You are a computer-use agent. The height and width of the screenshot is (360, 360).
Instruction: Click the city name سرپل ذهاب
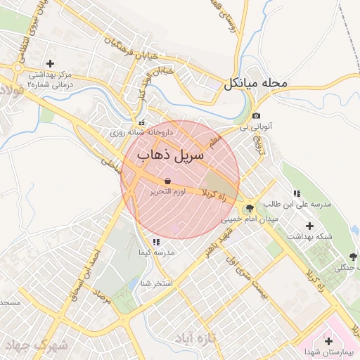(x=171, y=154)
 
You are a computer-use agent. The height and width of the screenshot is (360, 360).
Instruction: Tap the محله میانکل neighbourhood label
(x=256, y=84)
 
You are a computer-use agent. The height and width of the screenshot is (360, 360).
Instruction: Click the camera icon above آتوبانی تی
(x=257, y=116)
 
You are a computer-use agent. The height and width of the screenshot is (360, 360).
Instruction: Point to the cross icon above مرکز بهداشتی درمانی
(x=50, y=63)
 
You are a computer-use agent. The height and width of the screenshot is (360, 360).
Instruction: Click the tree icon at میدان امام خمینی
(x=250, y=209)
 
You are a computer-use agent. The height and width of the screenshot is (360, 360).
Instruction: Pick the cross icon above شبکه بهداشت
(x=310, y=226)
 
